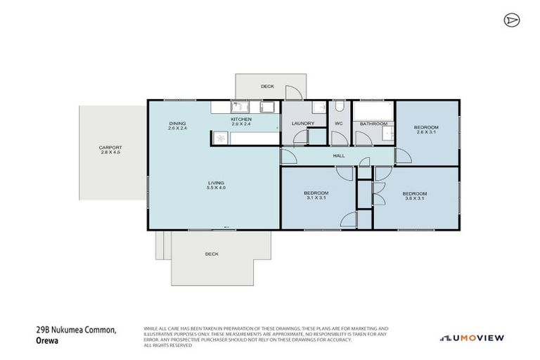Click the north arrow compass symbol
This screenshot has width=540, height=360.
[x=511, y=20]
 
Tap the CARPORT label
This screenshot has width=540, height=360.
[x=110, y=150]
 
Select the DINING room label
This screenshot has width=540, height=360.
[x=177, y=126]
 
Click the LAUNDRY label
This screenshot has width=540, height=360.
[x=302, y=124]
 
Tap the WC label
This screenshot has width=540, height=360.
[x=338, y=124]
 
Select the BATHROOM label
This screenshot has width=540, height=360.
[x=373, y=124]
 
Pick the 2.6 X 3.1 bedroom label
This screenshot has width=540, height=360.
[x=427, y=129]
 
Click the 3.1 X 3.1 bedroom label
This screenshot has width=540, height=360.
[x=315, y=195]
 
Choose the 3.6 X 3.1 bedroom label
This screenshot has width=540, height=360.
[x=414, y=195]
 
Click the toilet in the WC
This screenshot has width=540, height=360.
[x=338, y=108]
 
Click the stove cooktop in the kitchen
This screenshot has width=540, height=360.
[x=221, y=139]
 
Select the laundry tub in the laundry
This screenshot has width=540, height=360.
[x=319, y=108]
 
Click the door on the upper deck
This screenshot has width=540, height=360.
[x=298, y=93]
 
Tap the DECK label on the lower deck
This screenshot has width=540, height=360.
[x=211, y=254]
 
